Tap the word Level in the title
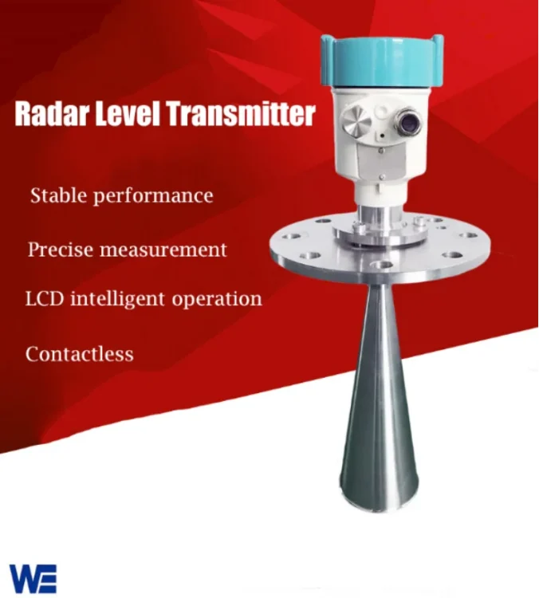coord(128,114)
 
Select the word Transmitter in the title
coord(241,114)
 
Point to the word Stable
coord(57,195)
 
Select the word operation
coord(218,301)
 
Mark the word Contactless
coord(79,353)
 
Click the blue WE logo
coord(33,577)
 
